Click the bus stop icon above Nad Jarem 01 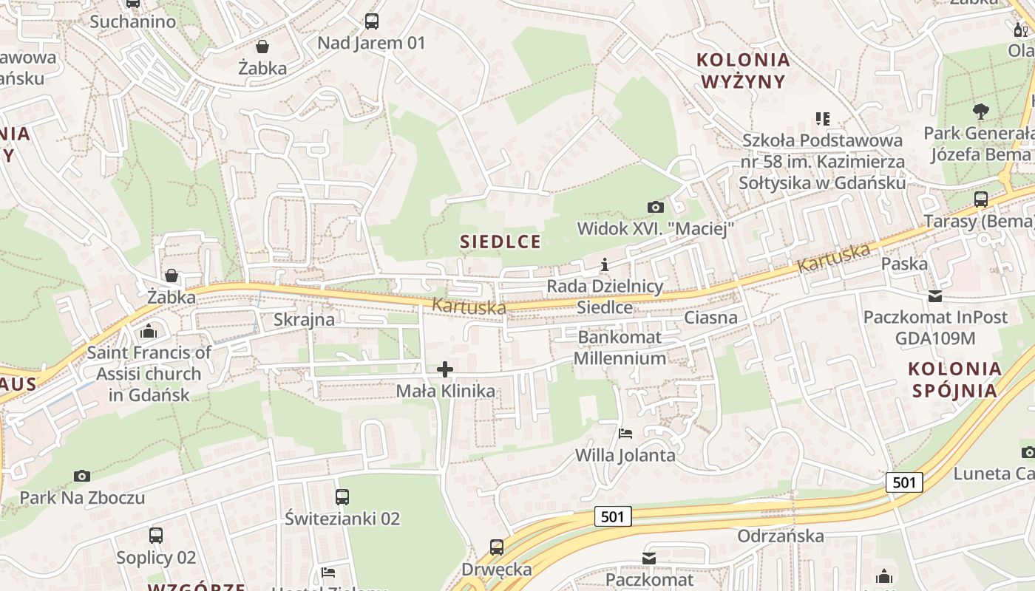(372, 21)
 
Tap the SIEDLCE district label (500, 242)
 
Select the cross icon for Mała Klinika (445, 369)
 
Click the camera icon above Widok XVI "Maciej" (655, 207)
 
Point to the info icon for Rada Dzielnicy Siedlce (605, 264)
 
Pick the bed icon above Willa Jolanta (625, 434)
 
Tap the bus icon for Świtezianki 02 (342, 497)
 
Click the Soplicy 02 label (156, 557)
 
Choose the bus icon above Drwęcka (497, 547)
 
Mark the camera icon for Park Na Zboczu (82, 476)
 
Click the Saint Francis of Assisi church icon (149, 330)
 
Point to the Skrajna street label (304, 319)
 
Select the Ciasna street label (710, 318)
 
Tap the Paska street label (903, 264)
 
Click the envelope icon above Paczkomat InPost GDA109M (935, 296)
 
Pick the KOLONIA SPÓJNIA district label (954, 379)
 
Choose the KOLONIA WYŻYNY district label (744, 70)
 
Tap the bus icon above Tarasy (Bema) (981, 199)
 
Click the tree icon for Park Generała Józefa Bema (981, 112)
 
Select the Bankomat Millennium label (621, 348)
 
